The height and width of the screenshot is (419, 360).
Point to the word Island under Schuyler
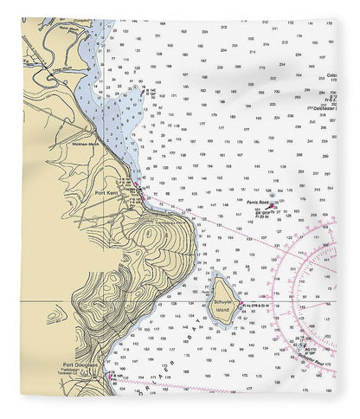pyautogui.click(x=222, y=308)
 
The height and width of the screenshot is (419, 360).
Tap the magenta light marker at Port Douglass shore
pyautogui.click(x=106, y=376)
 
